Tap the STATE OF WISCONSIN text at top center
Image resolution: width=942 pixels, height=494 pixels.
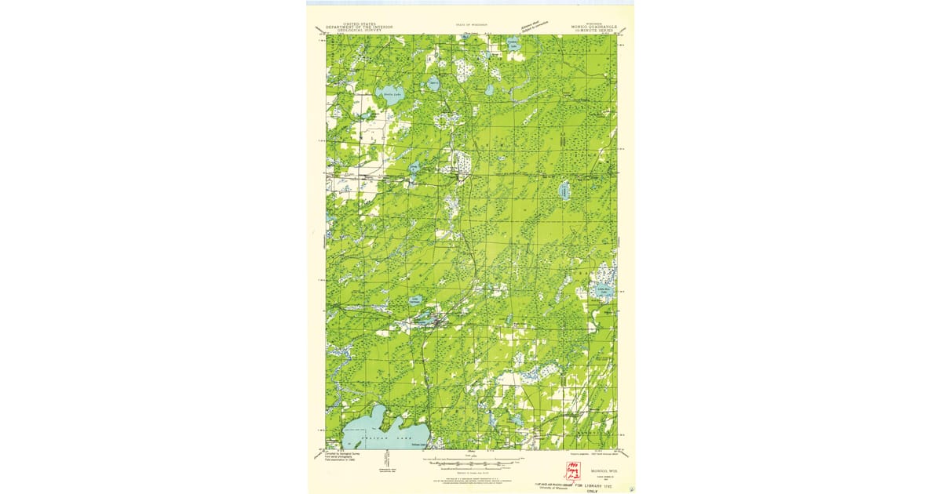click(471, 24)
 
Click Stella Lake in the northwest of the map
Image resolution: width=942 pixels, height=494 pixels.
click(387, 96)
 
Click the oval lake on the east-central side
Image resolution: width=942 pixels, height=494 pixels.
click(564, 191)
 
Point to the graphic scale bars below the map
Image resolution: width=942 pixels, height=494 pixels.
click(471, 461)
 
